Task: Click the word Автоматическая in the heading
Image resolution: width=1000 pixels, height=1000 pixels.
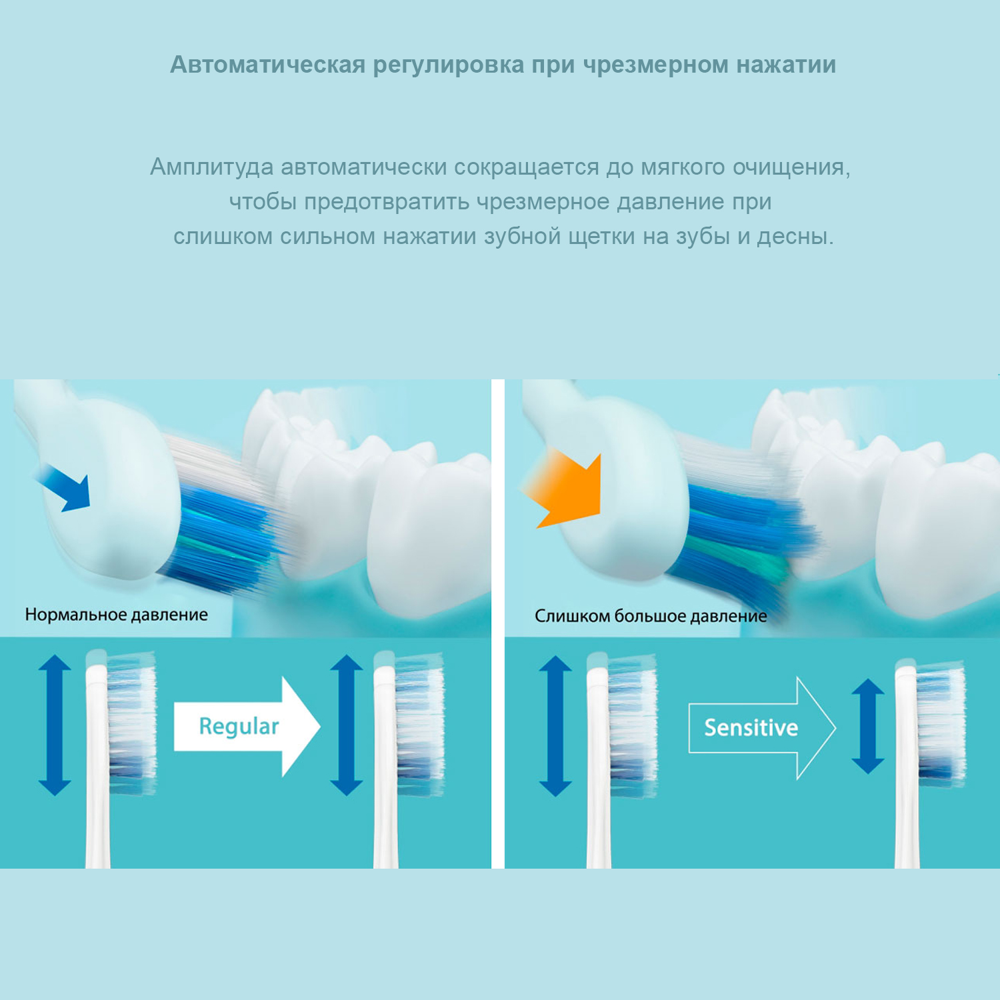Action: click(x=267, y=65)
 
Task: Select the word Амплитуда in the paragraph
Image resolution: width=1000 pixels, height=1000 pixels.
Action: click(x=211, y=167)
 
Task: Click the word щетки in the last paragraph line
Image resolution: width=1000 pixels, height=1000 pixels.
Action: click(x=601, y=236)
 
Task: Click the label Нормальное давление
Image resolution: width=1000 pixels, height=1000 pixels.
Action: click(x=116, y=615)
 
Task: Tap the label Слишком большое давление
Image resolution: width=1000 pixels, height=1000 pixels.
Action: click(x=651, y=616)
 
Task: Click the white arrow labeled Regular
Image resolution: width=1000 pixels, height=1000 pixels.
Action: click(x=247, y=727)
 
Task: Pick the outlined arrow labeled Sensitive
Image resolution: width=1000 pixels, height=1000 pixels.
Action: click(x=760, y=728)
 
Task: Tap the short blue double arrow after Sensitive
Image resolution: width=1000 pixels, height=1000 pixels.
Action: click(x=868, y=727)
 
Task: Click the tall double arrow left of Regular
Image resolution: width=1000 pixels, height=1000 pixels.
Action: click(x=55, y=725)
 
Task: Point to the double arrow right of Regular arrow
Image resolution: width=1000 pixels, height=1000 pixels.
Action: click(x=346, y=725)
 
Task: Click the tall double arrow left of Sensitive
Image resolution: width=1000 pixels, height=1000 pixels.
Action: click(x=555, y=725)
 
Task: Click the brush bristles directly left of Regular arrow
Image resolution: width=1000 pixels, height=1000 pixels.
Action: click(x=131, y=723)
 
